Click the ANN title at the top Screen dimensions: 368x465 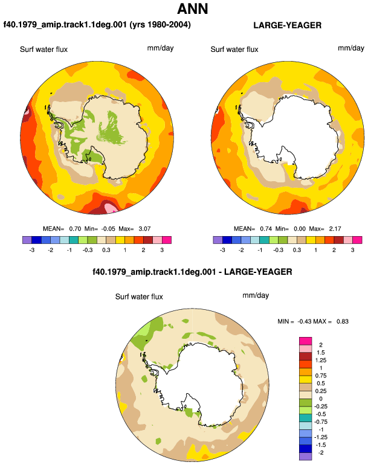point(193,9)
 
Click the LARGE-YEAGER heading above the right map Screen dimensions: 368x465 point(287,25)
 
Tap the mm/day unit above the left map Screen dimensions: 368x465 point(160,48)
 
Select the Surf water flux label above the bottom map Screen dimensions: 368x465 point(139,297)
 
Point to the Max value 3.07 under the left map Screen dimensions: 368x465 point(144,229)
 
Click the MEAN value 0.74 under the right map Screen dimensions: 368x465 point(266,229)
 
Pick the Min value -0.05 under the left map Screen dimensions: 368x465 point(108,229)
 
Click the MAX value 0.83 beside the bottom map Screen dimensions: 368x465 point(343,321)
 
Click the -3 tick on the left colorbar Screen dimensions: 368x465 point(32,250)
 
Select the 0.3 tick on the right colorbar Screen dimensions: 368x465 point(297,250)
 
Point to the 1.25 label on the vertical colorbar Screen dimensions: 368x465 point(321,361)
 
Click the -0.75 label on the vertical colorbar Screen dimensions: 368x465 point(320,422)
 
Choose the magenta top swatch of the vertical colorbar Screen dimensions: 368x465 point(305,341)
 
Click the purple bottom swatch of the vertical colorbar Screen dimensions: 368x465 point(305,457)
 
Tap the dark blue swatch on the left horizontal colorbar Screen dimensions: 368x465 point(36,240)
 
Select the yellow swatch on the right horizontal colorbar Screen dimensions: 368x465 point(311,240)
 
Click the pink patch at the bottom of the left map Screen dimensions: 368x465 point(111,207)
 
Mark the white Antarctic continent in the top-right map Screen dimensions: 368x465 point(303,136)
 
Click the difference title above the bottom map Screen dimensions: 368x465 point(192,272)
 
